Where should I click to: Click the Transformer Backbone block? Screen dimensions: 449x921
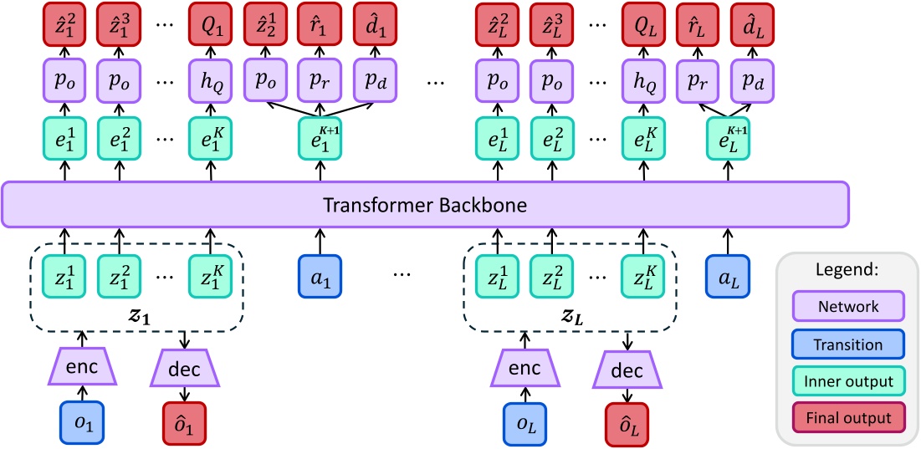[425, 204]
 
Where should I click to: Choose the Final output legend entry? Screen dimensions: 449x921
[848, 416]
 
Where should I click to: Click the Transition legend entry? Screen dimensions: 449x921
[848, 344]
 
